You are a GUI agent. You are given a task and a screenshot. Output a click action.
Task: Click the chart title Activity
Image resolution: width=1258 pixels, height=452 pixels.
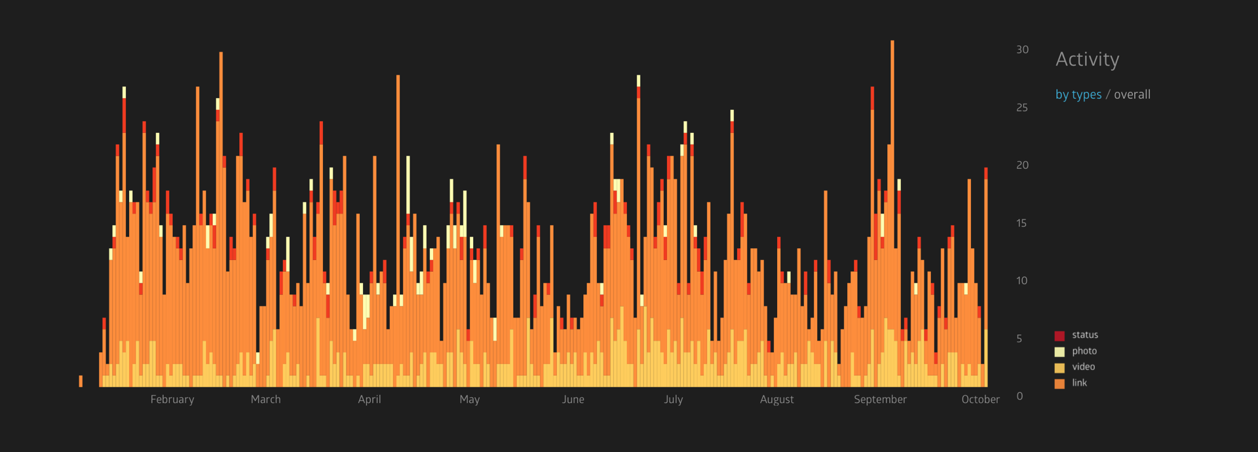(x=1087, y=60)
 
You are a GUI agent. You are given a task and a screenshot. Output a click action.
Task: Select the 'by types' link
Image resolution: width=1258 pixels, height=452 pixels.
(x=1078, y=94)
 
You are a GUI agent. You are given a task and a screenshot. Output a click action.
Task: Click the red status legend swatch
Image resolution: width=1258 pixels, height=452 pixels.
(x=1059, y=336)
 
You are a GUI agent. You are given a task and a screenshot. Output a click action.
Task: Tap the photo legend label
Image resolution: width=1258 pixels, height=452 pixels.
(x=1084, y=351)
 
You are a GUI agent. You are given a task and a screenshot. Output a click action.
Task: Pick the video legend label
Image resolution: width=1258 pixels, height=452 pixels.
(x=1083, y=367)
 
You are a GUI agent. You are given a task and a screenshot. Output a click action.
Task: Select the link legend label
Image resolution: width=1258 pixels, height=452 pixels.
(x=1079, y=383)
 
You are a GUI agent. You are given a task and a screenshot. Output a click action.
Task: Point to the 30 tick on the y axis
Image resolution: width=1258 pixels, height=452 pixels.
(x=1022, y=50)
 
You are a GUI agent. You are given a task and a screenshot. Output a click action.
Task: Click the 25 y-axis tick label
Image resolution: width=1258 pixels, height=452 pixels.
(x=1022, y=107)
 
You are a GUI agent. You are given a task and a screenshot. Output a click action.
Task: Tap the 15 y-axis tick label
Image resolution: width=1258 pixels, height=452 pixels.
(x=1021, y=223)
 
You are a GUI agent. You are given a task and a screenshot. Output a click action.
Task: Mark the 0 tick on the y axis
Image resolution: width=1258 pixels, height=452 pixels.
(x=1020, y=396)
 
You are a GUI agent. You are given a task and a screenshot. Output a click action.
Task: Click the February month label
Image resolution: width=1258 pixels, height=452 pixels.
(x=172, y=400)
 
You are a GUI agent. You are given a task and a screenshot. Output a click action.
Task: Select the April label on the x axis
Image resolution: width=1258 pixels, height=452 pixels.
(x=370, y=400)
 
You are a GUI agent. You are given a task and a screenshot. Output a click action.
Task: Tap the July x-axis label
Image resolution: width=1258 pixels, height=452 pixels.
(x=674, y=400)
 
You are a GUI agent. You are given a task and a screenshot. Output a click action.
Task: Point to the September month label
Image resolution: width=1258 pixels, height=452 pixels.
(x=880, y=400)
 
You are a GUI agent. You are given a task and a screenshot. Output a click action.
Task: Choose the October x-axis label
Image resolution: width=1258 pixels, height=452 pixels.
(x=980, y=400)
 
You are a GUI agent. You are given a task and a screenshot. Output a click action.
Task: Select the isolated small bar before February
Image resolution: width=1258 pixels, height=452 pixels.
(x=81, y=381)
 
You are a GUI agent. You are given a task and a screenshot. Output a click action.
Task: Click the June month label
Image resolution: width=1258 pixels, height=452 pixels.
(x=573, y=400)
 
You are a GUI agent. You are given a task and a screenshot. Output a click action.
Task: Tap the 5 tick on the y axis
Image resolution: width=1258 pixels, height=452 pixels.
(x=1019, y=339)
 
